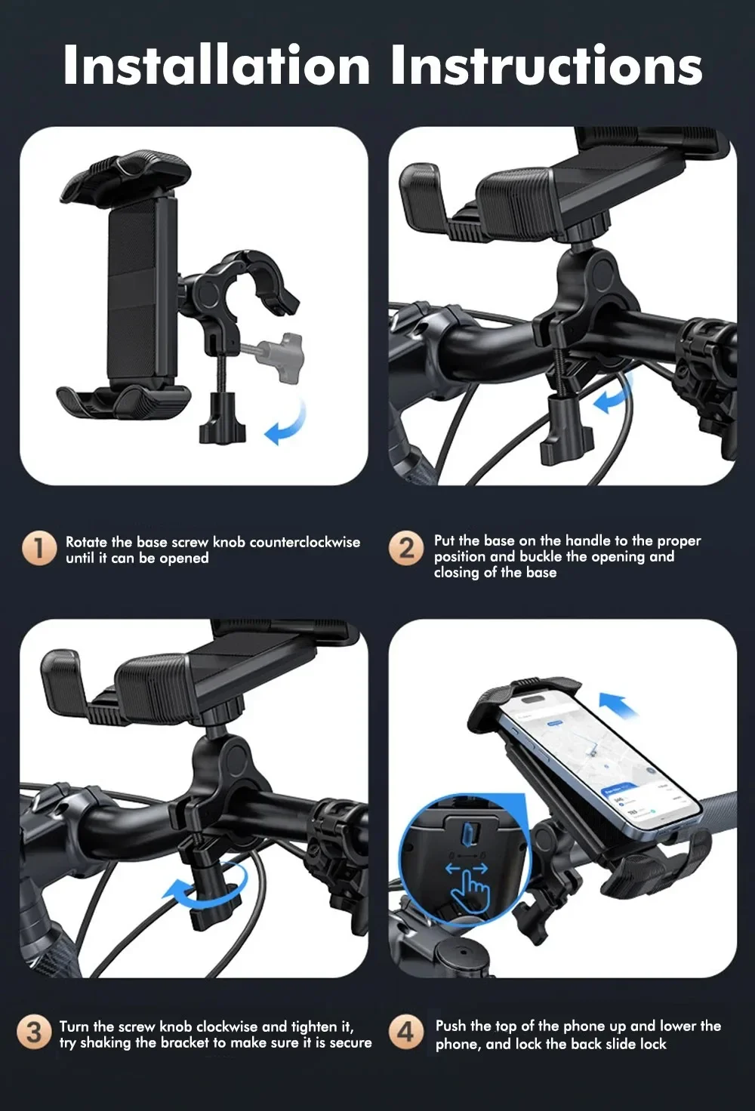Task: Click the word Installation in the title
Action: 217,65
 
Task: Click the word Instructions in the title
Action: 547,65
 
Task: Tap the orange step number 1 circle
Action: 39,549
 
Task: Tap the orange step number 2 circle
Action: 406,549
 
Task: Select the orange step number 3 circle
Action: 34,1033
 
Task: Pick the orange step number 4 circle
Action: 406,1033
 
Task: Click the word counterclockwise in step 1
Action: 305,542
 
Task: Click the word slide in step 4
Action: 619,1044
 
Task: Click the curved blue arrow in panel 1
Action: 288,423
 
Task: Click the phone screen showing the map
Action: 599,763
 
